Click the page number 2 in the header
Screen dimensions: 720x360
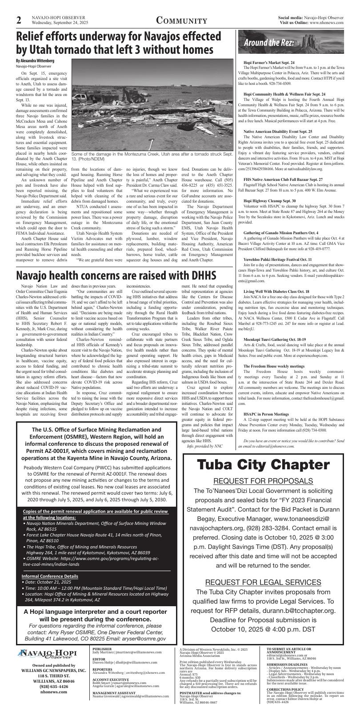click(19, 20)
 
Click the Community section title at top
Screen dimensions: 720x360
click(181, 21)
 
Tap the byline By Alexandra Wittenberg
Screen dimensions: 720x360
click(35, 60)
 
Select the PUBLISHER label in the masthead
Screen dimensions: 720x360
click(102, 649)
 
